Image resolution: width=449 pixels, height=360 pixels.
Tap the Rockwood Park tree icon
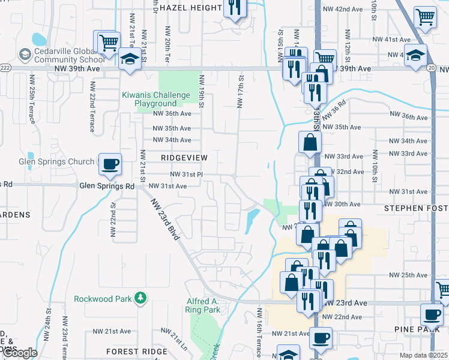point(139,298)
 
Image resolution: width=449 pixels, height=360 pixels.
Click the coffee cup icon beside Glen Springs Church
point(109,164)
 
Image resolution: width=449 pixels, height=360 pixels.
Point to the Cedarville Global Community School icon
point(25,55)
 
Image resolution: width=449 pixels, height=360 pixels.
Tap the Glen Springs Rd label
point(107,187)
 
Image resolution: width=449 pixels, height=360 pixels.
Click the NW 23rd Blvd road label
point(166,220)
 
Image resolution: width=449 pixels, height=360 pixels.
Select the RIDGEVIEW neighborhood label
point(184,157)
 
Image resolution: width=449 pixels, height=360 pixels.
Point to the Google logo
point(19,353)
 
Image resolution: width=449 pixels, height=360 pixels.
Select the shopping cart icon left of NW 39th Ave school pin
point(108,43)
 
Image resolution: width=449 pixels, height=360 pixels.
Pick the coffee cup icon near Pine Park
point(431,313)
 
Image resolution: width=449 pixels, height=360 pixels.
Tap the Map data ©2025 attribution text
point(423,355)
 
